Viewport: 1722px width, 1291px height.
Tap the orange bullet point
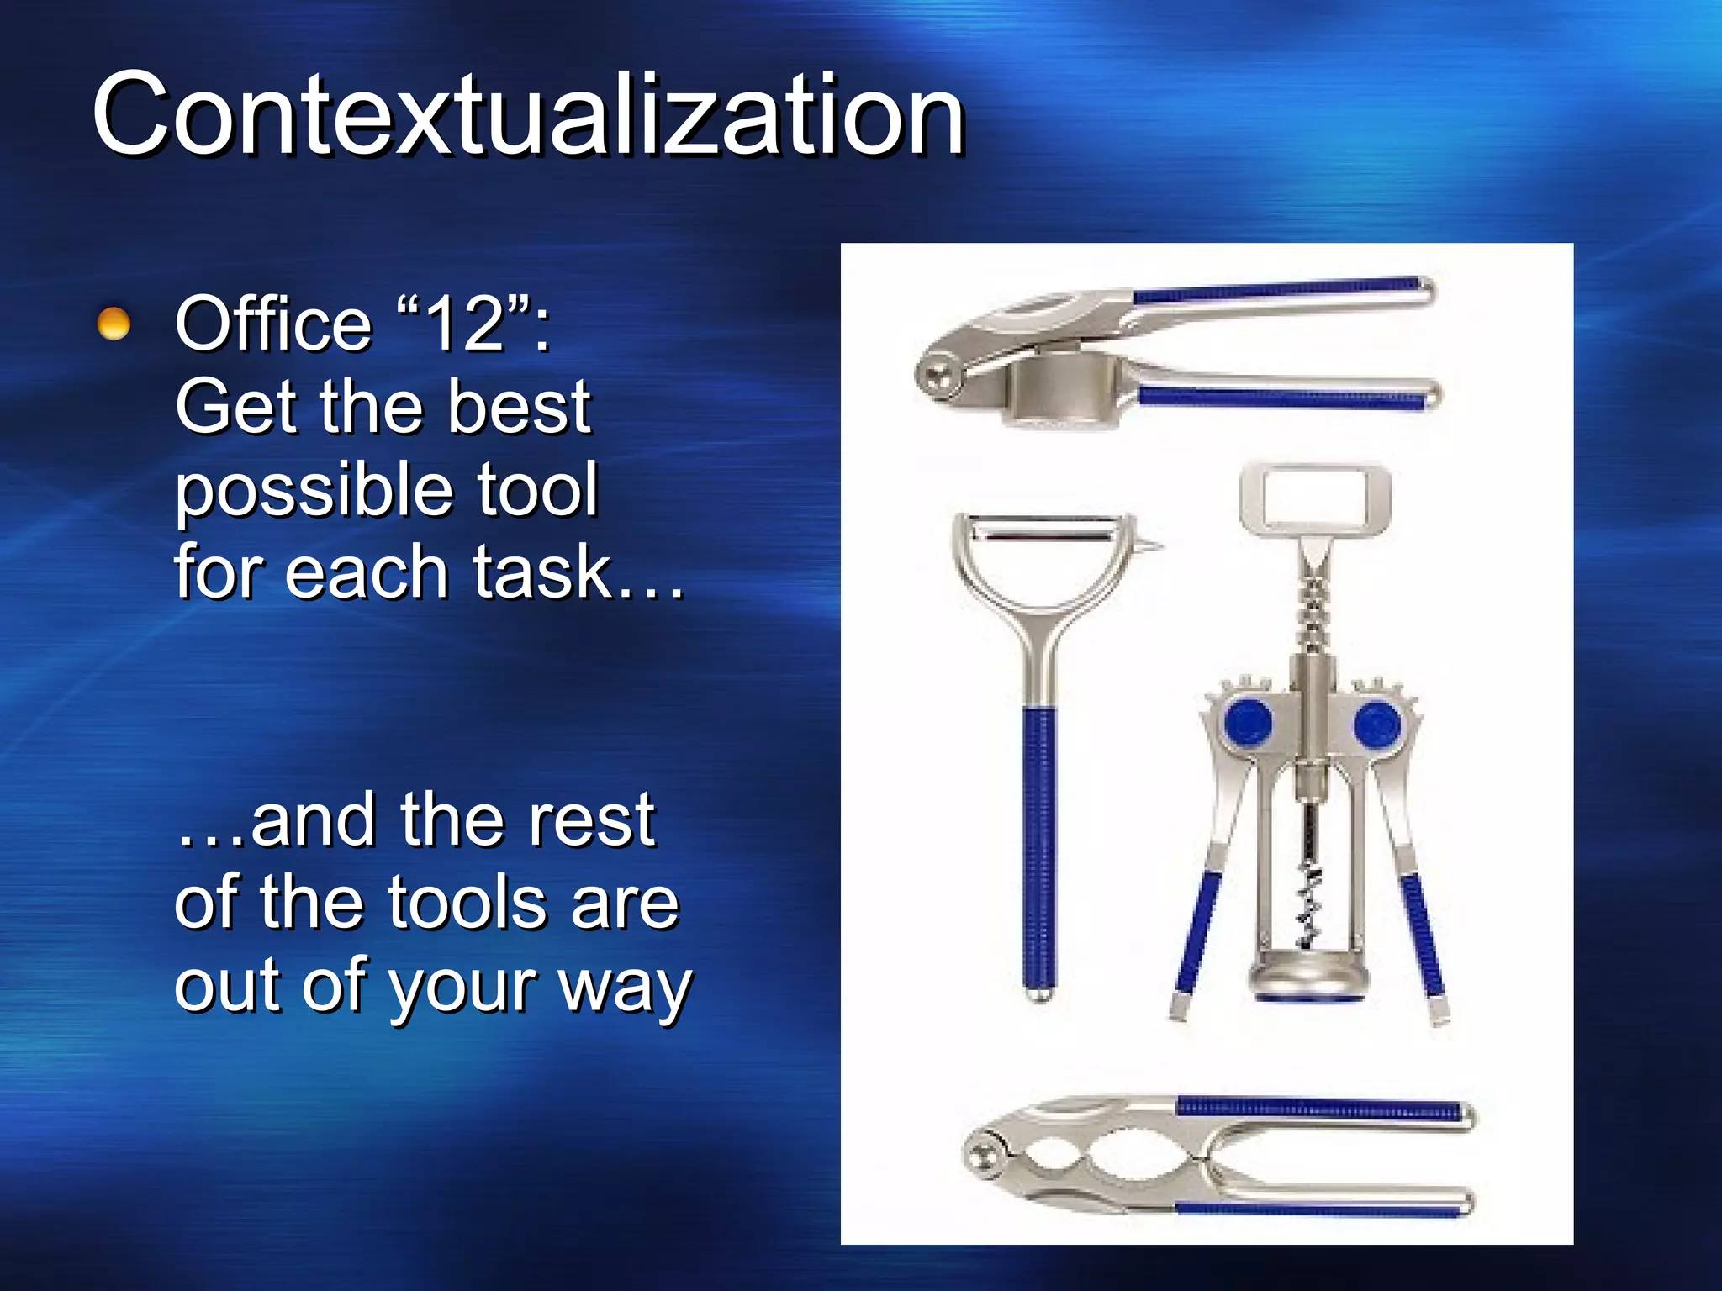tap(114, 324)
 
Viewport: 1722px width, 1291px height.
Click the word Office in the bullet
tap(272, 324)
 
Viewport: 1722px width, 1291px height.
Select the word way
tap(626, 987)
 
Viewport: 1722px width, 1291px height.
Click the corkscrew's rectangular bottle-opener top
tap(1315, 497)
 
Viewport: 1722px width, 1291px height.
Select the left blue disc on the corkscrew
tap(1248, 723)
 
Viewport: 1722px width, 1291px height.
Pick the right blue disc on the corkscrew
tap(1376, 723)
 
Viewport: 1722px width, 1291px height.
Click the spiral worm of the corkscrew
tap(1310, 904)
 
